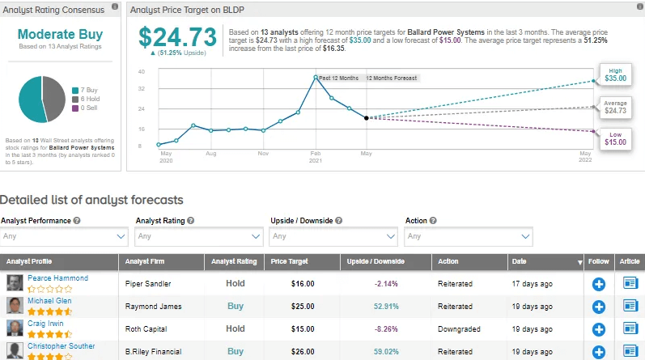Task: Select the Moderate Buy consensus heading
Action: coord(61,35)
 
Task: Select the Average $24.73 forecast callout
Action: coord(616,106)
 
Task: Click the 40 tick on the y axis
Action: coord(141,72)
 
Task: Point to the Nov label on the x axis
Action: coord(263,152)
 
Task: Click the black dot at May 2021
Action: coord(367,118)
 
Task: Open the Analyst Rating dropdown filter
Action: coord(198,236)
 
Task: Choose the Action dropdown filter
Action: coord(469,236)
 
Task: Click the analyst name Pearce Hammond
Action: coord(58,278)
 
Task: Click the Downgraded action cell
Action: coord(458,329)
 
